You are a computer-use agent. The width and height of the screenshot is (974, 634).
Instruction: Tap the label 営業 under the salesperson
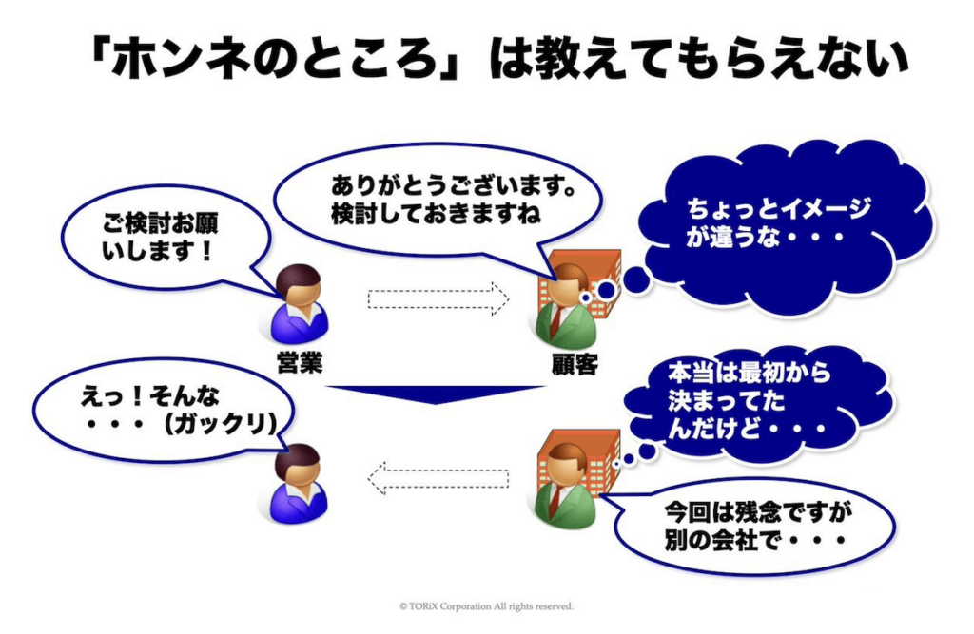point(300,363)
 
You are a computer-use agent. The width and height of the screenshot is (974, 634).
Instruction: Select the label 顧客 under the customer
point(575,364)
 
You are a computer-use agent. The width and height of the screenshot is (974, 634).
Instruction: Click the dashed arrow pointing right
point(438,298)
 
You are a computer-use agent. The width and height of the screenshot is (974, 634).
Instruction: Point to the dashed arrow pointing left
point(438,478)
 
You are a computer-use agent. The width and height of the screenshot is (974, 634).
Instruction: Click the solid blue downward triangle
point(436,394)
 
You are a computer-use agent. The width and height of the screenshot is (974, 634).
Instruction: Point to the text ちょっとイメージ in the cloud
point(779,209)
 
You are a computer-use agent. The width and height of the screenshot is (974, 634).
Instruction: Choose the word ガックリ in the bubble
point(221,425)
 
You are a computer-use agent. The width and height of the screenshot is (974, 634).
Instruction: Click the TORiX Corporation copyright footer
point(486,606)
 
